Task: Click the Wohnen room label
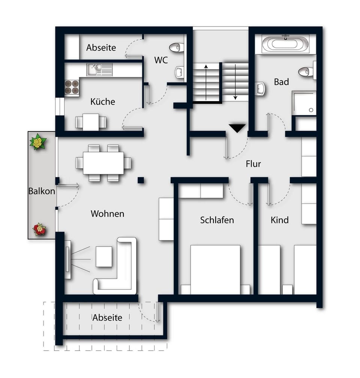107,214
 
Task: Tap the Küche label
102,102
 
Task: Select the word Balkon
42,191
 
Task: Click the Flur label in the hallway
253,164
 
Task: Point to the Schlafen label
217,220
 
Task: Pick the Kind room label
279,220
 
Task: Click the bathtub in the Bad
286,44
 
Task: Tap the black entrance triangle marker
237,128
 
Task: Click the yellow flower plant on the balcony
37,142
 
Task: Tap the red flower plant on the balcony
39,229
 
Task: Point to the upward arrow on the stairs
206,82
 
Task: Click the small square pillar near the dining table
141,180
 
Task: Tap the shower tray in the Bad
304,103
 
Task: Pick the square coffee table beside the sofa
103,256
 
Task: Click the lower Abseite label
107,318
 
